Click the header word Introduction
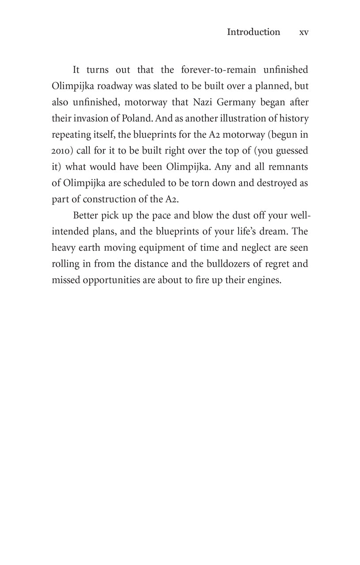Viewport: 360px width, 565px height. (253, 32)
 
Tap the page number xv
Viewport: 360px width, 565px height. (303, 32)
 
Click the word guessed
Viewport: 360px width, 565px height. (291, 151)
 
